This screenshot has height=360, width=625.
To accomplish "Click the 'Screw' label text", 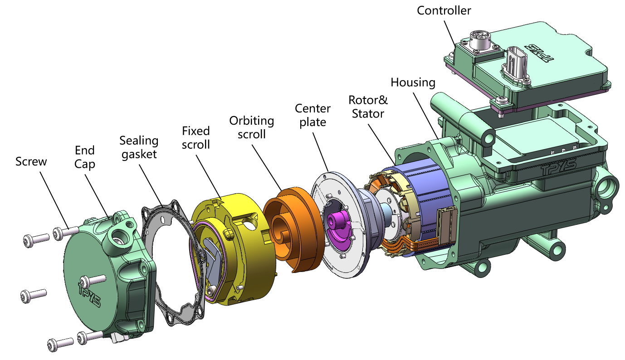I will click(x=31, y=161).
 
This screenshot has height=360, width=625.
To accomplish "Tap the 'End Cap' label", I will click(x=85, y=157).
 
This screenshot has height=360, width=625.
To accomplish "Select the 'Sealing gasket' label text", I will click(x=139, y=147).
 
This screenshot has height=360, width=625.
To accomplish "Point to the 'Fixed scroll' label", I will click(x=196, y=137).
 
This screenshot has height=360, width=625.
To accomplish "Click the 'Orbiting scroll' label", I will click(x=252, y=127).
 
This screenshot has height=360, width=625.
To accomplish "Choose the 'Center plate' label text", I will click(x=312, y=115).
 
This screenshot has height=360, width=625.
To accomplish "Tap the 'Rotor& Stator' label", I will click(x=368, y=107).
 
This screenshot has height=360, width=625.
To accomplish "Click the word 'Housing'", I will click(x=413, y=83).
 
